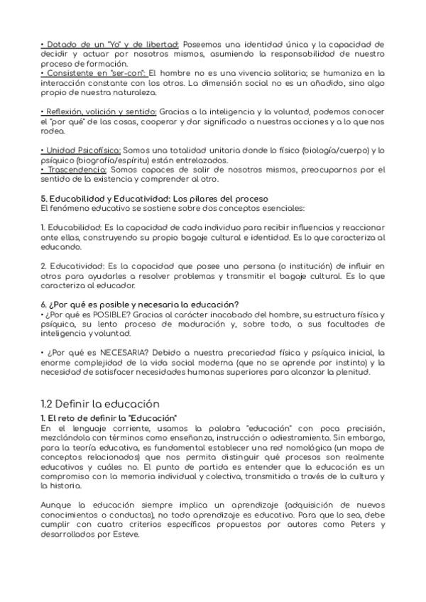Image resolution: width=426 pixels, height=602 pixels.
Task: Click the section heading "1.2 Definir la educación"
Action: pyautogui.click(x=100, y=404)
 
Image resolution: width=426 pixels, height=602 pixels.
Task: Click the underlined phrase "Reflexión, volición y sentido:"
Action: pyautogui.click(x=99, y=111)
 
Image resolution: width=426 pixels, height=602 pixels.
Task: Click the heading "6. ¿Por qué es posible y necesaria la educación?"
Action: pyautogui.click(x=139, y=305)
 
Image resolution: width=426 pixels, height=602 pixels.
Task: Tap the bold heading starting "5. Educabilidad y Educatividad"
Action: pyautogui.click(x=154, y=198)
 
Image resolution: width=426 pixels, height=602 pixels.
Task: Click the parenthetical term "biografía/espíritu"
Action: pyautogui.click(x=116, y=160)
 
